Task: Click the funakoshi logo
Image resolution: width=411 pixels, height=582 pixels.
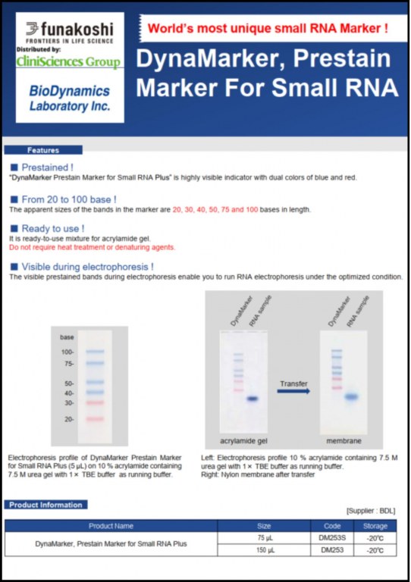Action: [x=70, y=33]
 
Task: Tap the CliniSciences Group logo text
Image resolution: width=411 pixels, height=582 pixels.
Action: [x=68, y=61]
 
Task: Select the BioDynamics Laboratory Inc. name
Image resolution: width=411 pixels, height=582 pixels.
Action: [x=70, y=99]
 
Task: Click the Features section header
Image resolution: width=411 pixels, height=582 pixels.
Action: [x=43, y=150]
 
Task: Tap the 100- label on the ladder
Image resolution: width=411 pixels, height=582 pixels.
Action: [x=67, y=352]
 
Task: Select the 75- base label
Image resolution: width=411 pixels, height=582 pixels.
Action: [x=69, y=364]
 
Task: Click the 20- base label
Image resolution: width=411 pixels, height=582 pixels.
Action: [x=69, y=419]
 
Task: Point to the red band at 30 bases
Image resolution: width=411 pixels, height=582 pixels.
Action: [x=95, y=402]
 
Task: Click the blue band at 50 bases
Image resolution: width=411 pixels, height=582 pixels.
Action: [x=95, y=382]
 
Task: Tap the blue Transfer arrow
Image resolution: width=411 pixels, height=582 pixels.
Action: [x=293, y=391]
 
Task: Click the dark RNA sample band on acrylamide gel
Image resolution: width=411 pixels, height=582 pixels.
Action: [x=253, y=399]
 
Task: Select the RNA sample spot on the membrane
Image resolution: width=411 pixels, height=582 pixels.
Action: [x=351, y=397]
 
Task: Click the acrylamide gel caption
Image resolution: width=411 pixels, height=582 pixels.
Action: [x=243, y=441]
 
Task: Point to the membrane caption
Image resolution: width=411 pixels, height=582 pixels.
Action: [x=344, y=441]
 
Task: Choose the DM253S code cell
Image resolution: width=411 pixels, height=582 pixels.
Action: [x=332, y=538]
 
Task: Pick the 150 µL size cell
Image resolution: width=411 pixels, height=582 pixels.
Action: [x=265, y=550]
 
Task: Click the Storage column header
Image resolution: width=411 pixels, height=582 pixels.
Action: [x=375, y=526]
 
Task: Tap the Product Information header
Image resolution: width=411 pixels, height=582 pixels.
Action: [x=45, y=505]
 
